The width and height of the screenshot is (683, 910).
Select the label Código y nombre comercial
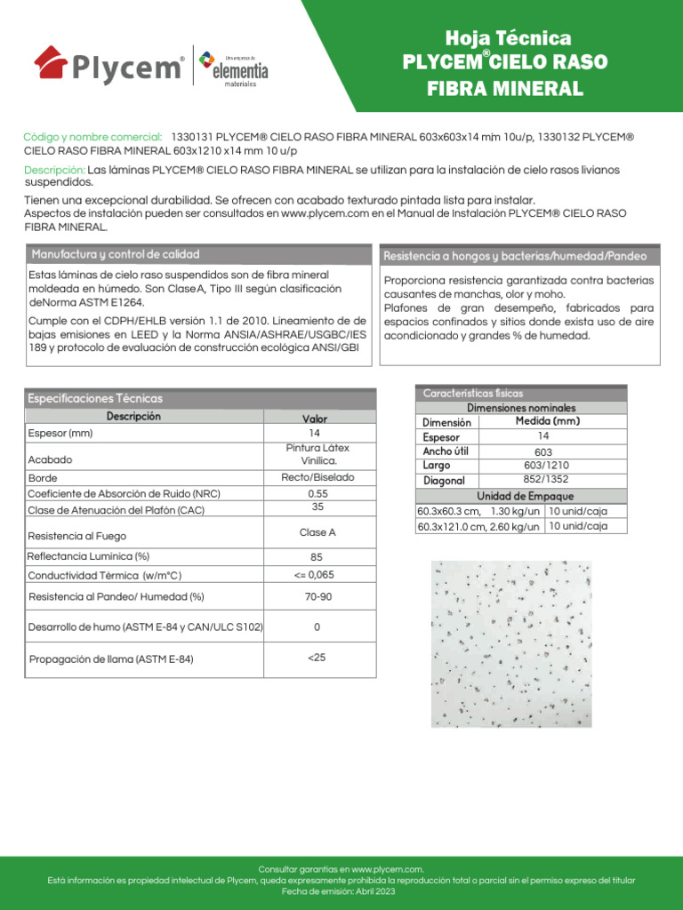[92, 137]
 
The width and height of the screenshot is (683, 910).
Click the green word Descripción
[54, 170]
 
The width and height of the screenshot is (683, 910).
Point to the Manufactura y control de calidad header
[116, 254]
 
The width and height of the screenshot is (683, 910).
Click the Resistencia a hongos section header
[515, 256]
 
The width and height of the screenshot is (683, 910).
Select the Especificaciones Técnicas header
[95, 399]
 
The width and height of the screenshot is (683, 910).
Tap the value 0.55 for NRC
[317, 493]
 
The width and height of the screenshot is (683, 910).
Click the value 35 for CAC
[317, 507]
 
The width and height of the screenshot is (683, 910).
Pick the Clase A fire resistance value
[317, 533]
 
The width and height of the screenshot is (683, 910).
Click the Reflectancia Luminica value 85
[317, 557]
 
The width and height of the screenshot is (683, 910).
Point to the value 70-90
[317, 597]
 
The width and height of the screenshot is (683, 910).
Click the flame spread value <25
[317, 658]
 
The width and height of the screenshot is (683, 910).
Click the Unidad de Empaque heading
[525, 496]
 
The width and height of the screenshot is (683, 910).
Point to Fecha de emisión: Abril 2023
[341, 891]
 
